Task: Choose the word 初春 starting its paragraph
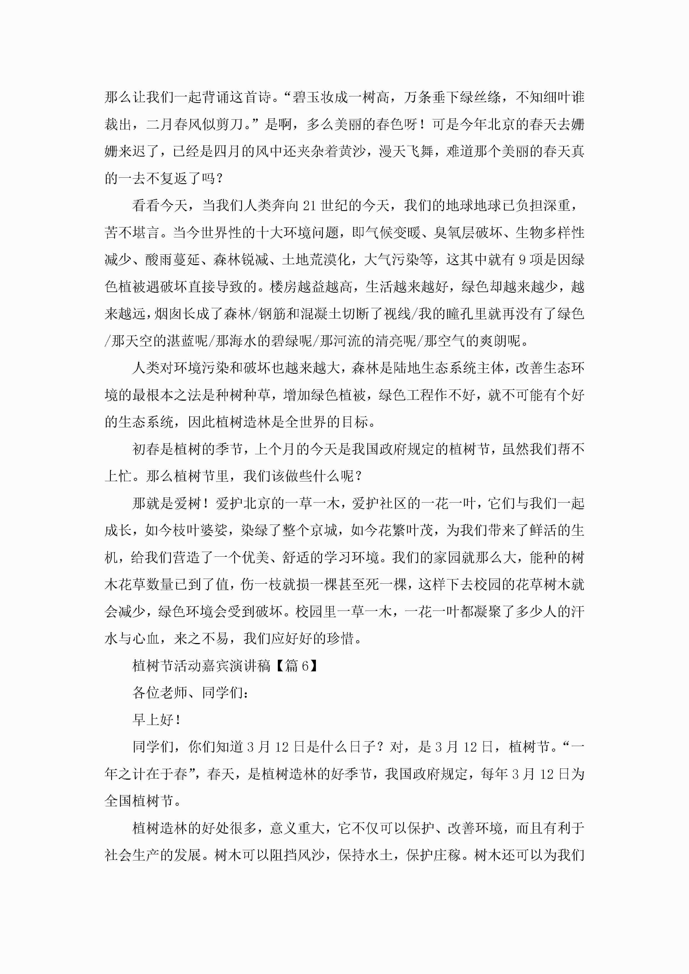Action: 146,449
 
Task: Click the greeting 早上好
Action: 153,720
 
